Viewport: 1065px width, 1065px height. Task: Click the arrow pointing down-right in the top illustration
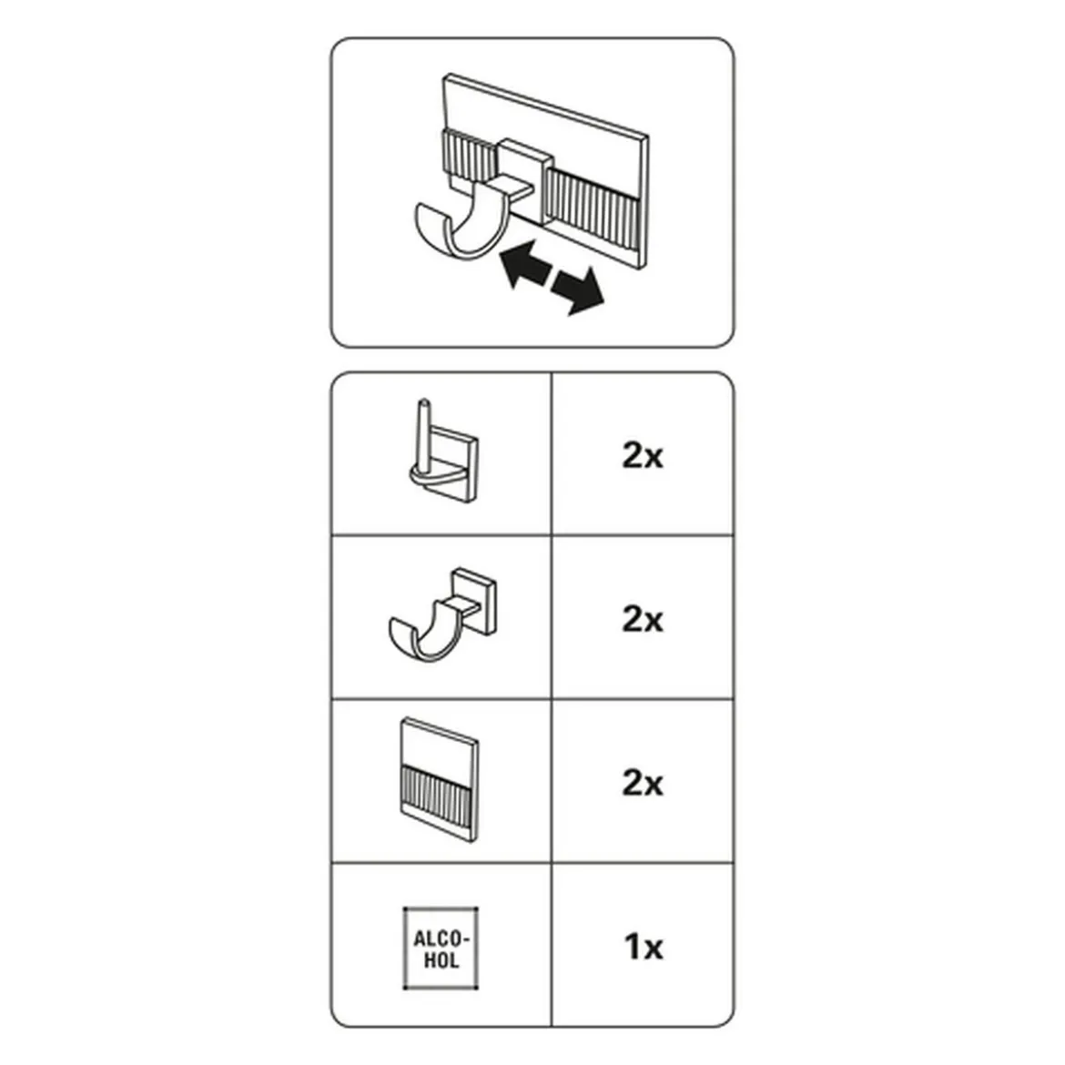click(x=577, y=291)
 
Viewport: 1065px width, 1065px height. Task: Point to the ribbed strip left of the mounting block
click(x=470, y=157)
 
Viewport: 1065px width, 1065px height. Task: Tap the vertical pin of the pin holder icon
click(x=424, y=435)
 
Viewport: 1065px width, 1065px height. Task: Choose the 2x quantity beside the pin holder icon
click(x=643, y=455)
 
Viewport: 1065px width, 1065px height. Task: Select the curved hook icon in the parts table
click(x=442, y=614)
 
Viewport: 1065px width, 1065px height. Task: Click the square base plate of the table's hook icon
click(x=473, y=602)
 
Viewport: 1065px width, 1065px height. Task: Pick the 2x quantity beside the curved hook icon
click(x=643, y=620)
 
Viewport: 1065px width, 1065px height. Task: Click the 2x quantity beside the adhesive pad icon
click(x=643, y=783)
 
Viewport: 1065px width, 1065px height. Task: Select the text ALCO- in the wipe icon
click(x=441, y=939)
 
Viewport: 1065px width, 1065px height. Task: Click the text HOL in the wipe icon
click(x=441, y=960)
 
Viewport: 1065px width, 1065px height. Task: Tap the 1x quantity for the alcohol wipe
click(x=644, y=947)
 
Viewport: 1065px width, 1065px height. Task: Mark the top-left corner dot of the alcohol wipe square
click(x=405, y=909)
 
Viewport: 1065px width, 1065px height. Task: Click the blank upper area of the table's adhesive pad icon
click(x=440, y=744)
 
